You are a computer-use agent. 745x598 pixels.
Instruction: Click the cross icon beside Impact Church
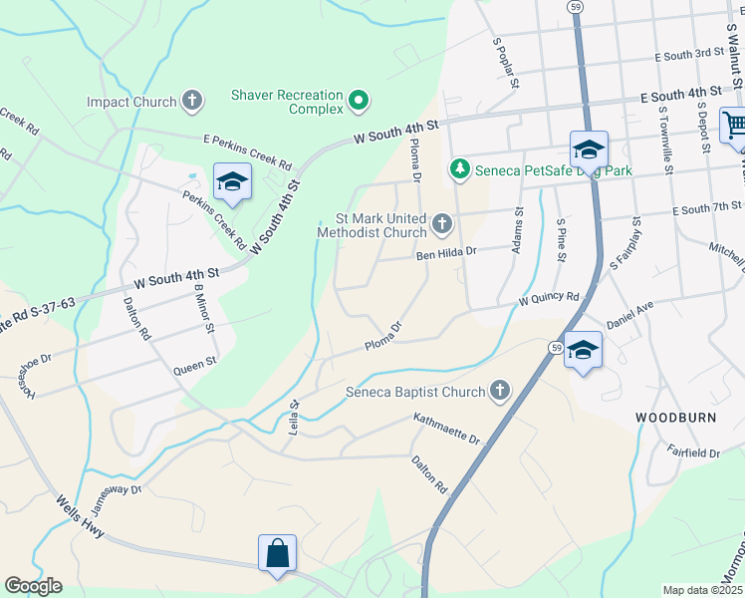(x=192, y=102)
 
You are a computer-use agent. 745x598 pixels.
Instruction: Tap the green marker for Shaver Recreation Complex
(x=361, y=100)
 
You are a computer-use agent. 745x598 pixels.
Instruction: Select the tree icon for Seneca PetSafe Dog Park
(x=459, y=170)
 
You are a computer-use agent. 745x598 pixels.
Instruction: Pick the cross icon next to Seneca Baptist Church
(x=499, y=392)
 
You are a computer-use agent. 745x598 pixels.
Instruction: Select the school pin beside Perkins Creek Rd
(x=232, y=181)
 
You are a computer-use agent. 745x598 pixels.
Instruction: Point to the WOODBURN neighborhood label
(x=675, y=417)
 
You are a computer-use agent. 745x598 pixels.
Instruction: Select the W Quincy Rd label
(x=548, y=297)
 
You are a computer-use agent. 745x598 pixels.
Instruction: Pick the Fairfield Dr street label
(x=693, y=452)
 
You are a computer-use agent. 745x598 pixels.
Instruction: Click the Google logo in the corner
(x=33, y=586)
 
